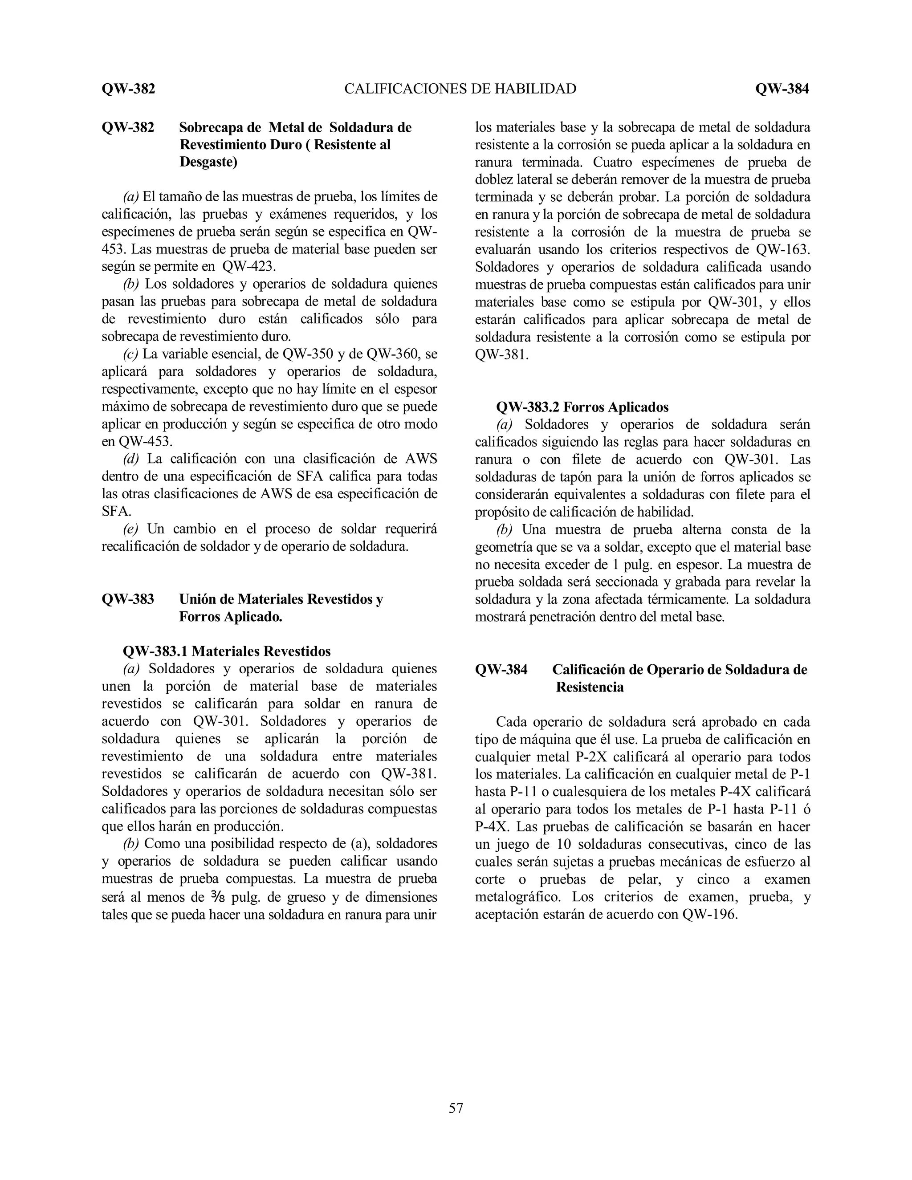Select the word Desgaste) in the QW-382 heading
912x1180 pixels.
point(208,162)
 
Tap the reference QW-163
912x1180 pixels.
point(783,250)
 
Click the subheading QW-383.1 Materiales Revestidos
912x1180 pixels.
point(227,651)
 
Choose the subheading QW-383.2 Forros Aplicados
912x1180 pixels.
point(582,407)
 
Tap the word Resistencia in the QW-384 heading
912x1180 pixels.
point(590,687)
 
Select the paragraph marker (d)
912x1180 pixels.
point(131,459)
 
